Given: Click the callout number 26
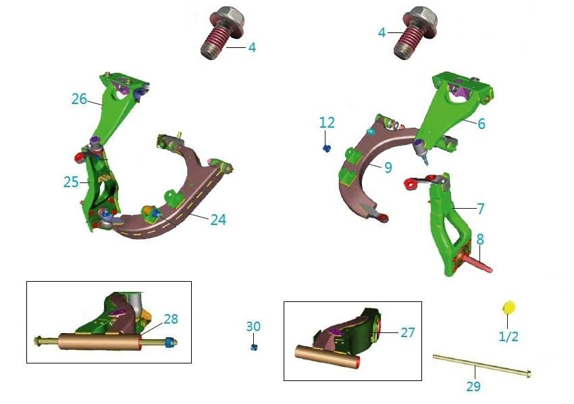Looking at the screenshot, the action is tap(79, 99).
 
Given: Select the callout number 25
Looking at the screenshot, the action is tap(71, 182).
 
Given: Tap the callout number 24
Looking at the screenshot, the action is tap(218, 220).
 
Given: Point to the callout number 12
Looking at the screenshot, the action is tap(327, 122).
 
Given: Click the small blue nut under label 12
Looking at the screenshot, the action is tap(327, 148).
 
